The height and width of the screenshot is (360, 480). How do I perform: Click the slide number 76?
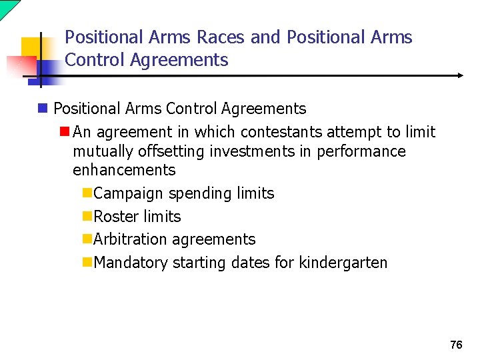(x=456, y=345)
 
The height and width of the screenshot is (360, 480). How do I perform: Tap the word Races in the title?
(x=223, y=37)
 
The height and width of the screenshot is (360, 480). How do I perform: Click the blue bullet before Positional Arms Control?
(x=43, y=108)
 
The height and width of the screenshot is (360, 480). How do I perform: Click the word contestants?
(x=281, y=132)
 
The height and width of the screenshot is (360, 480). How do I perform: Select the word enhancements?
(x=124, y=170)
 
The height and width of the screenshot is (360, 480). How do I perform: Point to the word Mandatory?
(x=131, y=263)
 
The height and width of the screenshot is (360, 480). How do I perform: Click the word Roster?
(x=117, y=217)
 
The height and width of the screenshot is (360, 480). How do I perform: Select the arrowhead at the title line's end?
(x=461, y=76)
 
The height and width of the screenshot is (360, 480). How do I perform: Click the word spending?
(x=201, y=193)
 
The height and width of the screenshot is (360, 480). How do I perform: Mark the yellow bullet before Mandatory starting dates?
(x=87, y=263)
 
